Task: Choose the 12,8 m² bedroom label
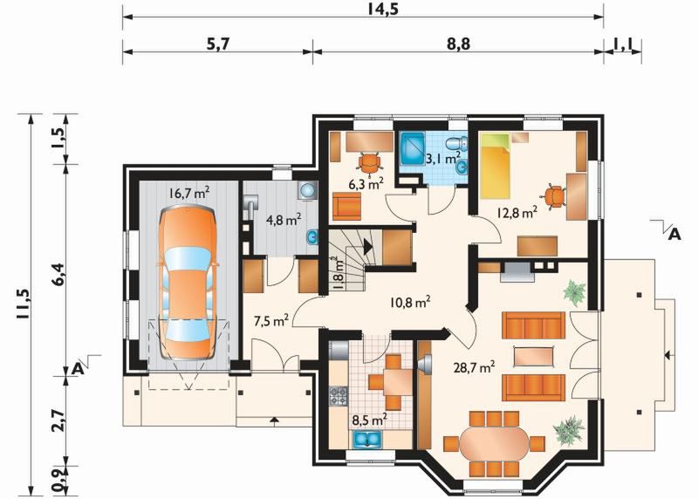click(x=517, y=213)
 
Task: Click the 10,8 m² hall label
click(x=410, y=303)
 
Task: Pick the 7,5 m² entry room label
click(x=270, y=320)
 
